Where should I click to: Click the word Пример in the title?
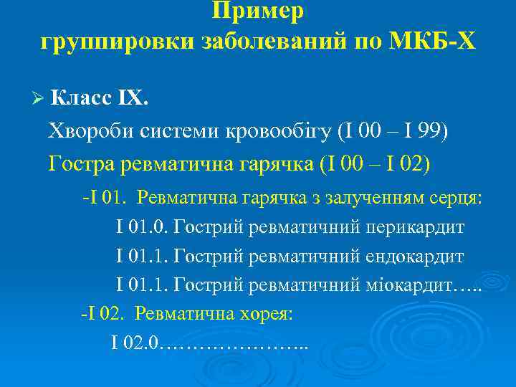tap(258, 11)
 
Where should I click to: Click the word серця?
tap(458, 198)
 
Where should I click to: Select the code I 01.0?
tap(142, 228)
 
